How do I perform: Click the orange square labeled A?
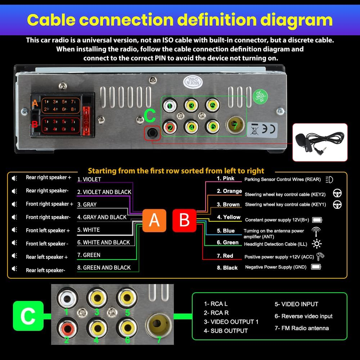(x=154, y=220)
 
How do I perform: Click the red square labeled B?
(x=184, y=220)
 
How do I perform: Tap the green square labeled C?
(x=28, y=316)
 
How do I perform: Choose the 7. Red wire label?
(x=225, y=256)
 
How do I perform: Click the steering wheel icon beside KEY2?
(x=337, y=193)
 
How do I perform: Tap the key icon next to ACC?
(x=320, y=256)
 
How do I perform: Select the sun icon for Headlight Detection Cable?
(x=317, y=244)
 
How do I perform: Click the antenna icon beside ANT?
(x=318, y=231)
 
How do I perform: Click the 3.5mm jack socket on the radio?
(x=152, y=133)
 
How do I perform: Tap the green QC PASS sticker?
(x=260, y=96)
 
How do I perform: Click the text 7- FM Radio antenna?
(x=302, y=328)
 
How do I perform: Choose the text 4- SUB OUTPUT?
(x=226, y=330)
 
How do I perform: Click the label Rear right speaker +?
(x=48, y=177)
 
